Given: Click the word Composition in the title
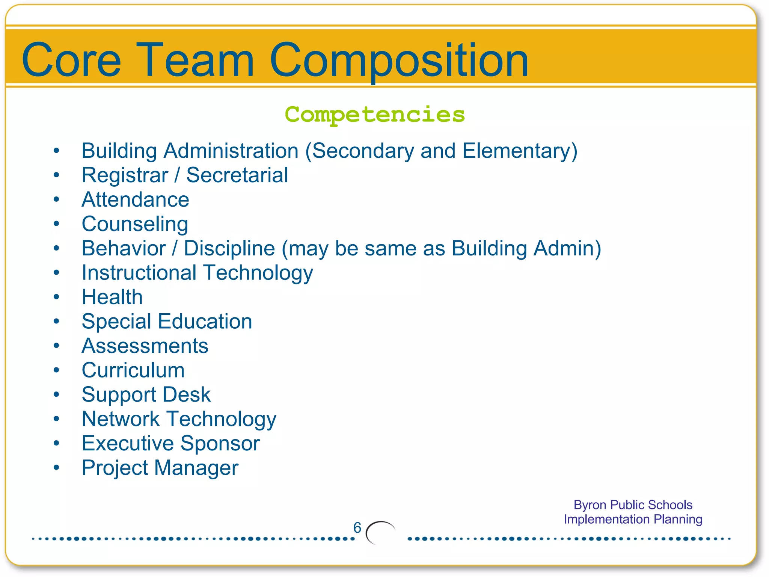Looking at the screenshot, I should point(399,60).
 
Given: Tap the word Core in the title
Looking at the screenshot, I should point(71,60).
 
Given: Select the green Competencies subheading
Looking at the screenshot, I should point(375,114).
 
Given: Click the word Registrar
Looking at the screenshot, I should point(125,175).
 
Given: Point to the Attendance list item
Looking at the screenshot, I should point(135,199).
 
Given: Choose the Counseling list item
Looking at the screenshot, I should point(135,224).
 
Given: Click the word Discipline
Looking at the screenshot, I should point(229,248).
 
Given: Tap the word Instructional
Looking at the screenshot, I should point(139,273).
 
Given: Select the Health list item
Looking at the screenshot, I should point(112,297).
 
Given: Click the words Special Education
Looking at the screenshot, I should point(167,322).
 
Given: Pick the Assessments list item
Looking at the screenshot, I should point(145,346).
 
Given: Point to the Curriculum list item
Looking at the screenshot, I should point(133,370).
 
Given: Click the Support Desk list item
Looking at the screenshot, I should point(146,395).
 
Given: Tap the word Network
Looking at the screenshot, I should point(121,419).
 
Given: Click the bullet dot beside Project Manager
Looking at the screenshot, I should point(56,467).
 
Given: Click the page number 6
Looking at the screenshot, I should point(357,528).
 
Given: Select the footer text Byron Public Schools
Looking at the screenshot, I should point(633,505).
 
